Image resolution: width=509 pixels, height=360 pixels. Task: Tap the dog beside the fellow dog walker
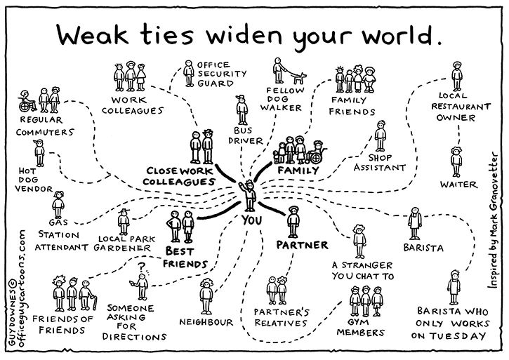click(298, 78)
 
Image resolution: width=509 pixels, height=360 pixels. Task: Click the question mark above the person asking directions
click(142, 267)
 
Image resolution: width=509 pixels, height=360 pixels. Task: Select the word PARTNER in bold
click(302, 245)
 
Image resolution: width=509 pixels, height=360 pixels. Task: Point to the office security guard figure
click(189, 74)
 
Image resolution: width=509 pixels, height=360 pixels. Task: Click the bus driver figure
click(242, 110)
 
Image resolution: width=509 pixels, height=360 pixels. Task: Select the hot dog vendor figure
click(39, 153)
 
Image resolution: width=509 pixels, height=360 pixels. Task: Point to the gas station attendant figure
click(58, 205)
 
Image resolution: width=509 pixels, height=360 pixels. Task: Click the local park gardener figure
click(124, 222)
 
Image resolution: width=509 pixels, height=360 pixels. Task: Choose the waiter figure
click(456, 161)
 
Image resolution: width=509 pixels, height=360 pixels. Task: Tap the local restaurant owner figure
click(457, 76)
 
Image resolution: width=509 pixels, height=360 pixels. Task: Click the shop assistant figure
click(381, 136)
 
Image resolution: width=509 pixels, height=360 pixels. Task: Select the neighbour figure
click(206, 297)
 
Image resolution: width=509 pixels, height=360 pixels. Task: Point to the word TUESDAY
click(458, 336)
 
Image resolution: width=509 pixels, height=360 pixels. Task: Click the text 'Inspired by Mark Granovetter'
click(494, 220)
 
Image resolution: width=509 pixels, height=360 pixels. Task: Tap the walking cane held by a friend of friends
click(95, 302)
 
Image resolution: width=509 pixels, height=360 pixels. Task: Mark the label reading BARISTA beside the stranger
click(423, 248)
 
